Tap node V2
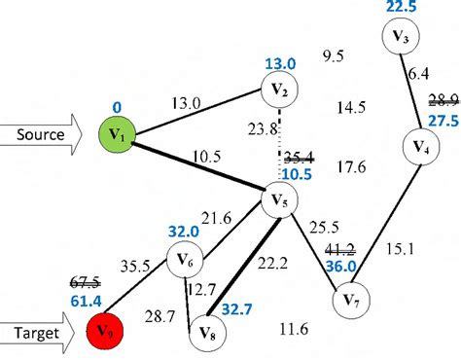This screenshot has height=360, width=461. tap(279, 92)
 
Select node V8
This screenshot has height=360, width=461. tap(205, 330)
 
